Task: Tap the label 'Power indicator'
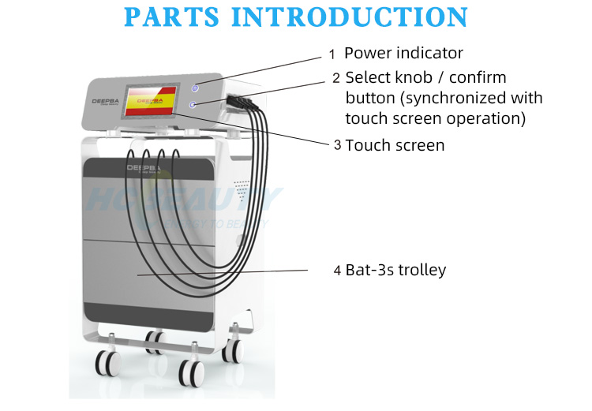(x=403, y=53)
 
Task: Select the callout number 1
(x=332, y=54)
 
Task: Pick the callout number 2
(x=336, y=78)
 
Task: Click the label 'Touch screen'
(x=395, y=145)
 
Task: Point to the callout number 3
(x=337, y=145)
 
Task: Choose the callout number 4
(x=337, y=271)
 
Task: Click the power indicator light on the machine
(x=195, y=88)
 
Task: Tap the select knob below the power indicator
(x=192, y=105)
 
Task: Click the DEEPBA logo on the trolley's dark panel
(x=142, y=168)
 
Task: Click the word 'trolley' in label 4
(x=422, y=270)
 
